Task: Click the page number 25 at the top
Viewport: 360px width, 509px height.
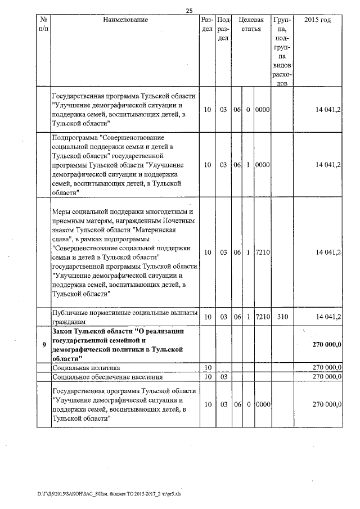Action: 189,11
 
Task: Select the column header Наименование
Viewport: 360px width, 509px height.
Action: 125,20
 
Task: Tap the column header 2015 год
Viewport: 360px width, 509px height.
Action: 318,20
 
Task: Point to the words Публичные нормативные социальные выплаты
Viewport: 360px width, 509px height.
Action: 124,313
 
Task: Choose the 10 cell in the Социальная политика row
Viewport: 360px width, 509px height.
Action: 207,367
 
